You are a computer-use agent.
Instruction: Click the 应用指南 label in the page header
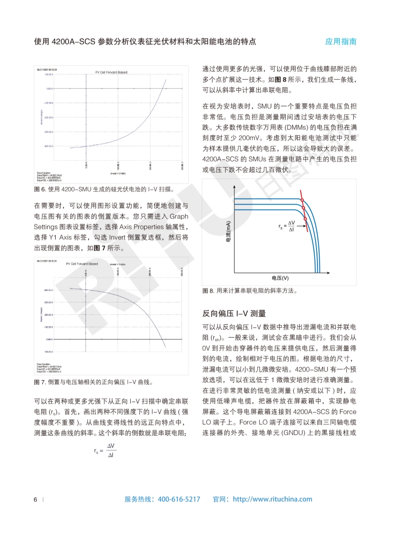click(341, 42)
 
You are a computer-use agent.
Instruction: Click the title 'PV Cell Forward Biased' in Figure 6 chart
click(111, 72)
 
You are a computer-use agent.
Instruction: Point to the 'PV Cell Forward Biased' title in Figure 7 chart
click(82, 264)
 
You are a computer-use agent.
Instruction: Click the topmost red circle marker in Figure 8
click(302, 200)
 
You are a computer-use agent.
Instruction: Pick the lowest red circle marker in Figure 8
click(305, 219)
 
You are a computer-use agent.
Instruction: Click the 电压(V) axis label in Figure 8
click(281, 278)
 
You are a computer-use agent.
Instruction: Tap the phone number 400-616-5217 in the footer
click(179, 499)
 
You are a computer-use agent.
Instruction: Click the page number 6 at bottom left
click(35, 499)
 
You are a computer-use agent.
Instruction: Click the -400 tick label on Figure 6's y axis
click(48, 146)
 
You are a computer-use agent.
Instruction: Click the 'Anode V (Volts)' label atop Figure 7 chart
click(117, 265)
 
